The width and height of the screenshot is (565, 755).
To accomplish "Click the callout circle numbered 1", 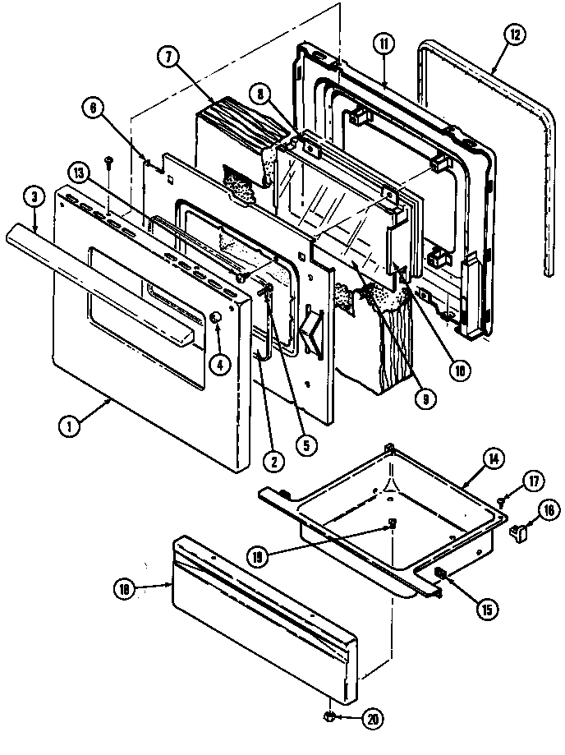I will point(70,426).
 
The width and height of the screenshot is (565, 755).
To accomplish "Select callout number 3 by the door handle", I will point(34,197).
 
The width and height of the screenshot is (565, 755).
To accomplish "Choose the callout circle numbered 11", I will point(385,45).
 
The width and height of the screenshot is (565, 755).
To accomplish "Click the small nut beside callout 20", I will point(328,719).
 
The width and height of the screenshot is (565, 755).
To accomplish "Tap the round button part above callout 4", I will point(216,318).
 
